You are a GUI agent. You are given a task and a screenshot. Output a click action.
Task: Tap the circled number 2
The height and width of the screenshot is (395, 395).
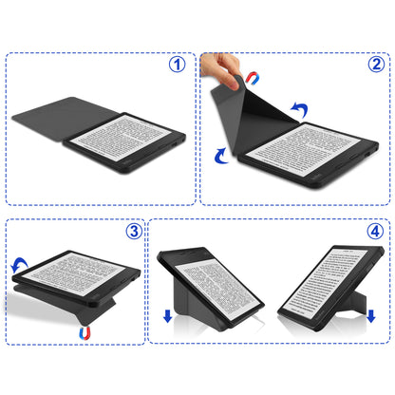tap(376, 66)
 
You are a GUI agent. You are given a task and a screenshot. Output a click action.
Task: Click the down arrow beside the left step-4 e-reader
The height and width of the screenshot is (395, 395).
tap(168, 316)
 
